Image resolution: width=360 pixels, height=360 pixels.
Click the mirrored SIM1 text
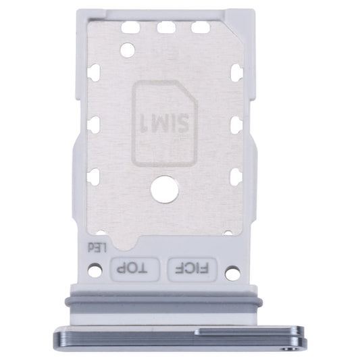[165, 124]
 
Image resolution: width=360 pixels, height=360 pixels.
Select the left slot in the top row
[131, 28]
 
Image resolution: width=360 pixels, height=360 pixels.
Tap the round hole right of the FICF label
[232, 273]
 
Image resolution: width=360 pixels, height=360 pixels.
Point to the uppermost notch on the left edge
[94, 72]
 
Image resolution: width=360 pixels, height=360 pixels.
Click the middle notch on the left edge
[94, 124]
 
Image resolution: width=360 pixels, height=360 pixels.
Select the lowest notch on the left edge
[94, 176]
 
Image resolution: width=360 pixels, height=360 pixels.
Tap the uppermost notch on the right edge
[236, 72]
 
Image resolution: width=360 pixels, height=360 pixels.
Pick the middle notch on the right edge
[236, 124]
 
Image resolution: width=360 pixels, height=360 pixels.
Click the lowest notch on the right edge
[236, 176]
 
